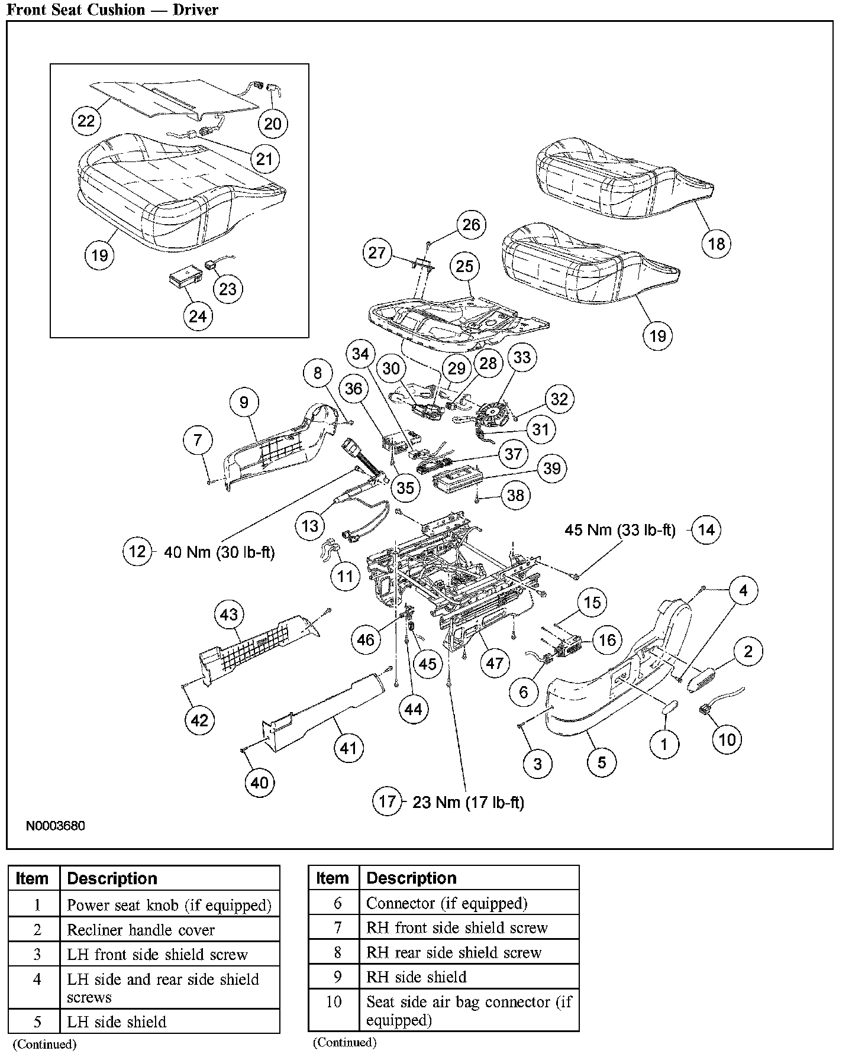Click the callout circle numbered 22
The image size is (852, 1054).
(86, 121)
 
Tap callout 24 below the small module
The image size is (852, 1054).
(198, 316)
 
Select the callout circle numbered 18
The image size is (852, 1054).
(717, 244)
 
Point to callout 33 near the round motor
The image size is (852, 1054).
(522, 357)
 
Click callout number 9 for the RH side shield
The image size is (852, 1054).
(244, 402)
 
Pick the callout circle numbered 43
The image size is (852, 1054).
(229, 615)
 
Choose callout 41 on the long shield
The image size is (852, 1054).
(348, 748)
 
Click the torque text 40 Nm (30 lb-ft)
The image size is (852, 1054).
(219, 552)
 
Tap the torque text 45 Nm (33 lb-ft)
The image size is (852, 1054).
(619, 529)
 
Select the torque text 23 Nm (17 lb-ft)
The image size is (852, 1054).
(468, 802)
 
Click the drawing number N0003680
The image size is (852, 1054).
(55, 825)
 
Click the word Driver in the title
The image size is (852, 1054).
(195, 9)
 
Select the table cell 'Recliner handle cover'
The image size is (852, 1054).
(141, 930)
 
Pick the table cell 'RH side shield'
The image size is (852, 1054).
(417, 977)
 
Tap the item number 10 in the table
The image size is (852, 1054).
(334, 1002)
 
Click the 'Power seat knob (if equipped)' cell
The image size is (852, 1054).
(169, 905)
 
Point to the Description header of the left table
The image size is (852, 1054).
(112, 878)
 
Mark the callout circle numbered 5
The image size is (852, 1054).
(602, 762)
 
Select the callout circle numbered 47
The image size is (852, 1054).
(495, 663)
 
